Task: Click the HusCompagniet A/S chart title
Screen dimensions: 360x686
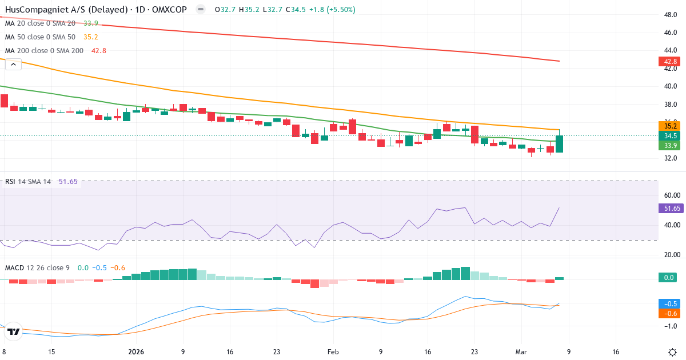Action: (x=94, y=10)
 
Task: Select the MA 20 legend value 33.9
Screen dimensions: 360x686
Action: (x=90, y=23)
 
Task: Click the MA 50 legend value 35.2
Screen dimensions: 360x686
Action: (x=90, y=37)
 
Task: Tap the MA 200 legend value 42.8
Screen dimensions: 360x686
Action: (x=99, y=51)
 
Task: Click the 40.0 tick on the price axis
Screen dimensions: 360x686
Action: (x=669, y=86)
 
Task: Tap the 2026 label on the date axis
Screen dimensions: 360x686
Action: (x=136, y=352)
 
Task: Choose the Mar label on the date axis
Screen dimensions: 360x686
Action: (x=521, y=352)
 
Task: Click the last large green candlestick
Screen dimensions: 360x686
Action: (x=559, y=144)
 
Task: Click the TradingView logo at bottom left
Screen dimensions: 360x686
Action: (x=14, y=331)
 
